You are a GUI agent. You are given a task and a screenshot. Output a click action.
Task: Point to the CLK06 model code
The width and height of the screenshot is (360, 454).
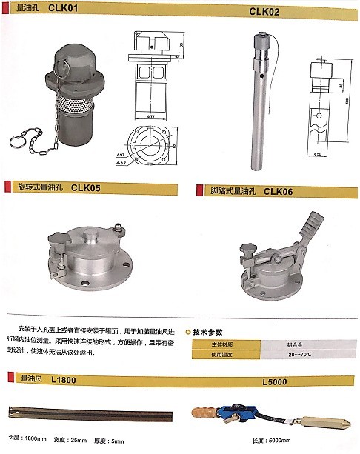coord(279,190)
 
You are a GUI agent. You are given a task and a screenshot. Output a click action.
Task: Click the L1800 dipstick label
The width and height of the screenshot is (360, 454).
coord(64,379)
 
